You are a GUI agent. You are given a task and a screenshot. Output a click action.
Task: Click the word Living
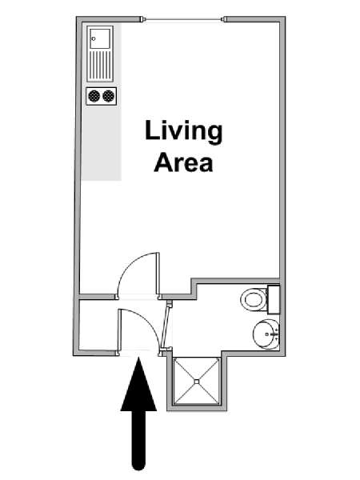(x=184, y=132)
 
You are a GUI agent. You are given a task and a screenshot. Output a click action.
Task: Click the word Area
(x=183, y=162)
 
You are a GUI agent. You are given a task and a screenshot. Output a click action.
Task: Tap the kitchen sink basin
(x=100, y=38)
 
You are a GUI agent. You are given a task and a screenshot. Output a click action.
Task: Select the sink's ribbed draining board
(x=100, y=66)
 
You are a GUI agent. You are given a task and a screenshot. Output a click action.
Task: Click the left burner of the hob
(x=94, y=96)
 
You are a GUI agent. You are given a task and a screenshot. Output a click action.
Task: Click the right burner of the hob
(x=108, y=96)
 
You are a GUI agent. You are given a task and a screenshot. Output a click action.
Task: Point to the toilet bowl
(x=254, y=299)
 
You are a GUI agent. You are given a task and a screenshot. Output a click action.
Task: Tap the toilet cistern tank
(x=274, y=299)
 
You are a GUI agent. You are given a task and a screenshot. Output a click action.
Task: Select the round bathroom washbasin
(x=266, y=334)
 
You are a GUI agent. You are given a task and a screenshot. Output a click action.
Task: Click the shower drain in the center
(x=197, y=382)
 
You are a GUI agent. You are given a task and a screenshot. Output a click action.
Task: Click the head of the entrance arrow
(x=138, y=384)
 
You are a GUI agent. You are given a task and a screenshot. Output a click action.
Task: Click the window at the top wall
(x=183, y=19)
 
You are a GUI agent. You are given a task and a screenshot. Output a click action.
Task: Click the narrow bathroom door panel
(x=167, y=326)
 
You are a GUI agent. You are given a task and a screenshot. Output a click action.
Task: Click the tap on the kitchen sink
(x=94, y=39)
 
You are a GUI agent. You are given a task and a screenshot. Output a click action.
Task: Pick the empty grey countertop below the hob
(x=102, y=143)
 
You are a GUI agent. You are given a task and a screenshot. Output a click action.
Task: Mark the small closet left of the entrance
(x=98, y=325)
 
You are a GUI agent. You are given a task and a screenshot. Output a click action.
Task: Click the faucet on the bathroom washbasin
(x=274, y=334)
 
